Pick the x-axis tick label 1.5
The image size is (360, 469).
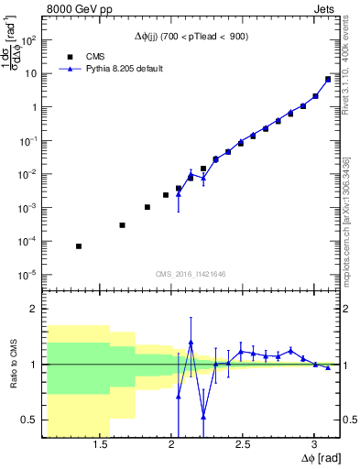[101, 444]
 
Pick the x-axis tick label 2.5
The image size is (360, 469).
[243, 444]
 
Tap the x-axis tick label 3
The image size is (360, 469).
[314, 444]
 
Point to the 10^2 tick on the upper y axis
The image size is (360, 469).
[28, 40]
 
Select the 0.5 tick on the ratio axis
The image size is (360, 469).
[28, 420]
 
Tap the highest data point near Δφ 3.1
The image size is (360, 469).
[328, 79]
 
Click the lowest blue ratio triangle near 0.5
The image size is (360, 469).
[203, 417]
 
